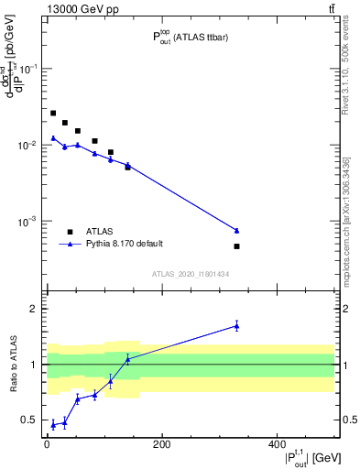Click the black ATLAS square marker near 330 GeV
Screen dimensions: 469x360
[x=236, y=246]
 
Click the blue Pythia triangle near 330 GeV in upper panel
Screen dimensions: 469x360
[x=236, y=230]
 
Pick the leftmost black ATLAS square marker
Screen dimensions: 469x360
[x=53, y=113]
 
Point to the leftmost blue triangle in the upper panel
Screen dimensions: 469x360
[x=53, y=138]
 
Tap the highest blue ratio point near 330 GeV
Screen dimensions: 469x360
[x=236, y=325]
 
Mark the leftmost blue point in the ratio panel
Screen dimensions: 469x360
[x=53, y=424]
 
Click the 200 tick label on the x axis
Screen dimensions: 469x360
[x=161, y=444]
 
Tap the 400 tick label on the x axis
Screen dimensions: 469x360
[x=277, y=444]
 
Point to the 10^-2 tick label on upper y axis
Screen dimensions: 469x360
[x=28, y=146]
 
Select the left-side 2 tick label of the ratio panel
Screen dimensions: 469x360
[x=34, y=309]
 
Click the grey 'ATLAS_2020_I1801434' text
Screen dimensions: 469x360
[x=190, y=274]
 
